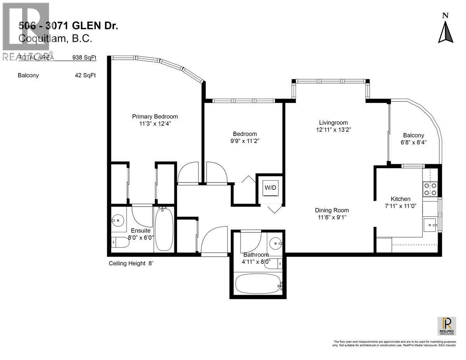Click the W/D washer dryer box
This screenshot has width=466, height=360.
[271, 188]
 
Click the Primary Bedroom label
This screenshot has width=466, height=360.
[155, 117]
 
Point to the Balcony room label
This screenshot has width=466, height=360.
[413, 135]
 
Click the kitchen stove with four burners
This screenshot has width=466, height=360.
[430, 189]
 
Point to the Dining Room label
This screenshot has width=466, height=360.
[332, 210]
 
